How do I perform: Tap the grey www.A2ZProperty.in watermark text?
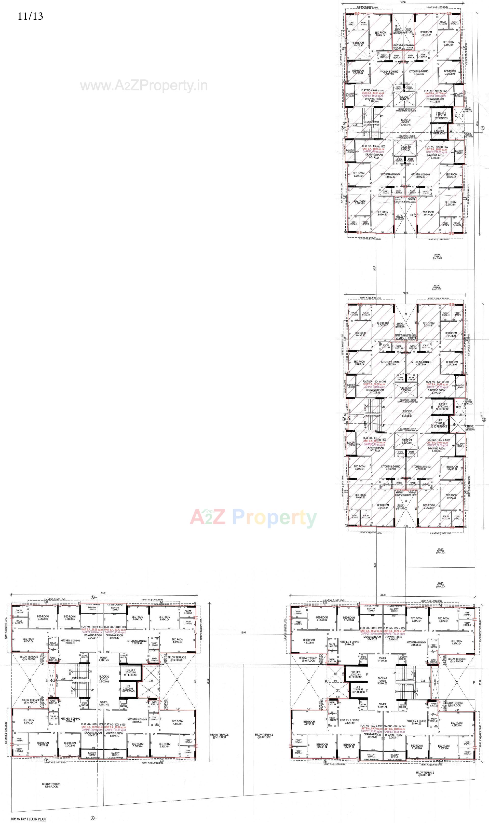[x=144, y=86]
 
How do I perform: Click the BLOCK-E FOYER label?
[x=407, y=414]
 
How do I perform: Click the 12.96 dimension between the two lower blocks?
[x=243, y=632]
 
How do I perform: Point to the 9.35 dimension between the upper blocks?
[x=374, y=268]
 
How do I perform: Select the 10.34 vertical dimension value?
[x=375, y=565]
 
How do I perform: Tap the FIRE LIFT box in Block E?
[x=443, y=407]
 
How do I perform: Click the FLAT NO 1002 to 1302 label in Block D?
[x=437, y=147]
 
